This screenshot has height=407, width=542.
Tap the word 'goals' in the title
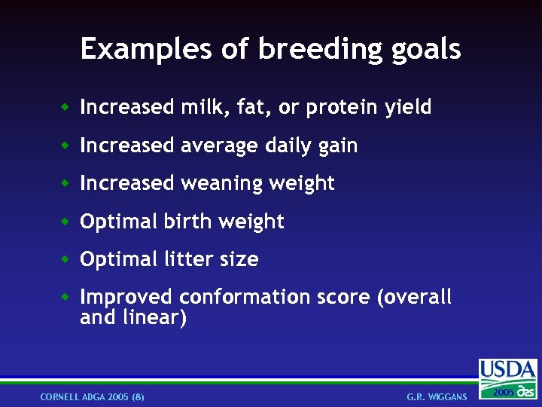tap(426, 49)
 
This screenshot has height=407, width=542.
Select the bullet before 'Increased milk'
tap(66, 108)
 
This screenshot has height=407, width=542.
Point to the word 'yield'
tap(408, 108)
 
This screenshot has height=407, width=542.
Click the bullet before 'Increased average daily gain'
tap(66, 145)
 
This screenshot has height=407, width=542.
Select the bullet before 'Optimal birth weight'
tap(66, 222)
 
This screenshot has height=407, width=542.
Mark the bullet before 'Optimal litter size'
tap(66, 259)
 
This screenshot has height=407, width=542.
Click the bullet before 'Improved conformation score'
tap(66, 297)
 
